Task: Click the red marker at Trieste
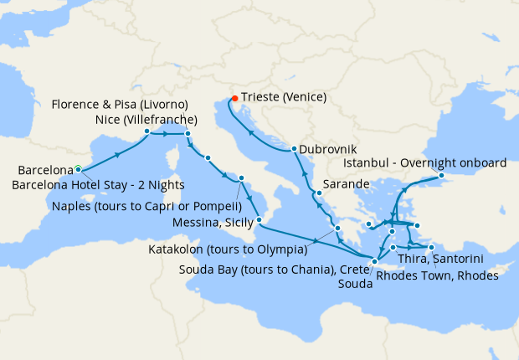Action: tap(234, 98)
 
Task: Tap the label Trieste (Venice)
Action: tap(285, 97)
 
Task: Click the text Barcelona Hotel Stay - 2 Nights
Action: tap(96, 184)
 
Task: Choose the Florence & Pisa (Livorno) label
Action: tap(120, 105)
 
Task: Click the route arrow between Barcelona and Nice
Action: tap(116, 153)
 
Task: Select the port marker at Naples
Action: tap(241, 177)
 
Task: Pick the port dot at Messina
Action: tap(259, 219)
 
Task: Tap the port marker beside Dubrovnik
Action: tap(294, 150)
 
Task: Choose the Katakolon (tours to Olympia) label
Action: tap(228, 249)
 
